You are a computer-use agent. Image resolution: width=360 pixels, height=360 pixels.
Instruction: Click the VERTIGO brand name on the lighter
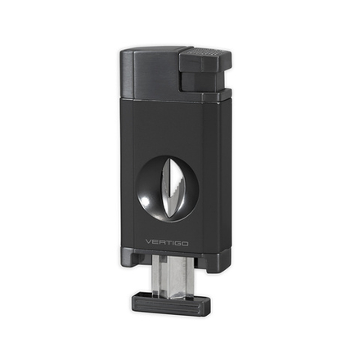click(x=169, y=242)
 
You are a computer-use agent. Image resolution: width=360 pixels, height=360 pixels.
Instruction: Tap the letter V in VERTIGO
click(x=147, y=242)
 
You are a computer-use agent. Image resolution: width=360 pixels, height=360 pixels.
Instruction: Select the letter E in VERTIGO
click(x=155, y=242)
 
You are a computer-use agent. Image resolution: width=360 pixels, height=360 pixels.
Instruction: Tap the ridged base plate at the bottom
click(x=168, y=306)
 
